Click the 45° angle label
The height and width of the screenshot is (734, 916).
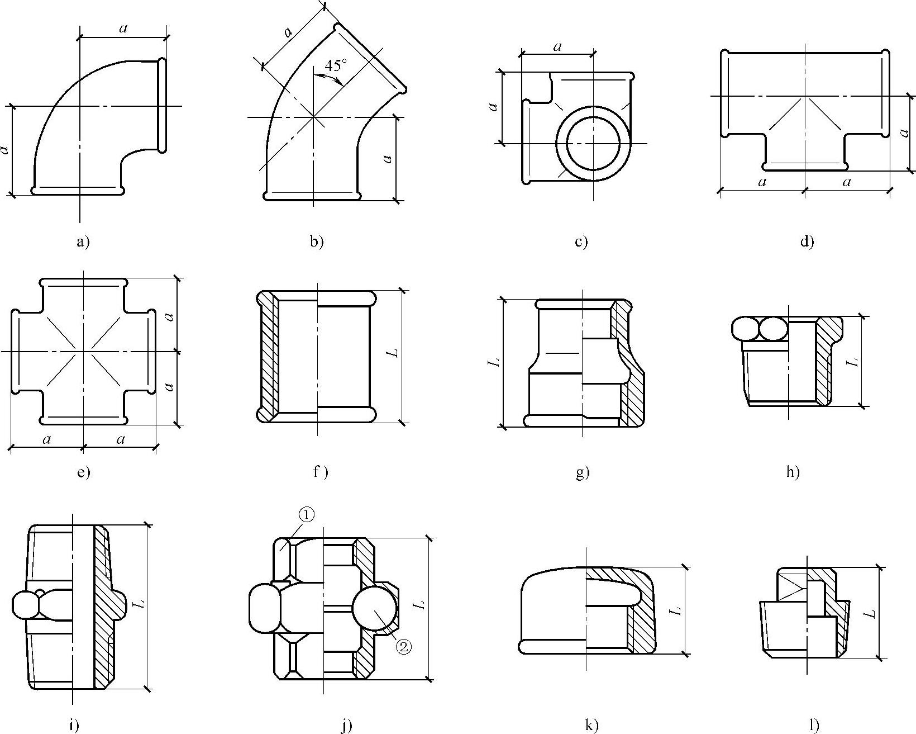point(335,65)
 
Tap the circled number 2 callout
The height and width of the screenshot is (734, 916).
point(404,647)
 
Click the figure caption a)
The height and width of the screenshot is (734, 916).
point(82,242)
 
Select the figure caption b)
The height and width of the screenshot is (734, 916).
point(317,242)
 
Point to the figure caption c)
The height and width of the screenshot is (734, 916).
point(581,242)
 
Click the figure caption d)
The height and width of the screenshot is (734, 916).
point(807,242)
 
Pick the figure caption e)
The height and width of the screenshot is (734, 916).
point(83,473)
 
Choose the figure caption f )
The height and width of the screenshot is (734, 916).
point(320,473)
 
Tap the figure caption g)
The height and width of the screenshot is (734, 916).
point(582,473)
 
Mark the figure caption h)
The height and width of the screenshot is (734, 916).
point(793,473)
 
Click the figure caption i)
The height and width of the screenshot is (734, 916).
point(73,726)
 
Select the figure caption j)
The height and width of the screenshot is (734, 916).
point(346,726)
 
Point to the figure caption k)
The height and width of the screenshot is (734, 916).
point(591,726)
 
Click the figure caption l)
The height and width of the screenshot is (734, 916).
point(814,726)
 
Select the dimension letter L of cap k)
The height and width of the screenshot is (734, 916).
point(676,610)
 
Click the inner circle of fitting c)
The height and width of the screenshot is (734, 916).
point(594,143)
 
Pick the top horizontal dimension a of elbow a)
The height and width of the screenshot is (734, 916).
point(123,29)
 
